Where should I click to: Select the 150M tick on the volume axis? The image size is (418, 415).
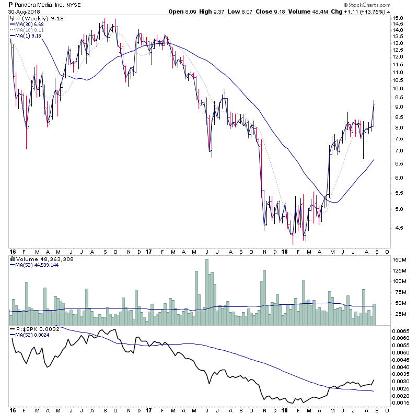[x=400, y=259]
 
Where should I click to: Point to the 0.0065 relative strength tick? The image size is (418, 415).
[x=401, y=331]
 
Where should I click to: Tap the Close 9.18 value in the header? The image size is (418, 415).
[x=266, y=11]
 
